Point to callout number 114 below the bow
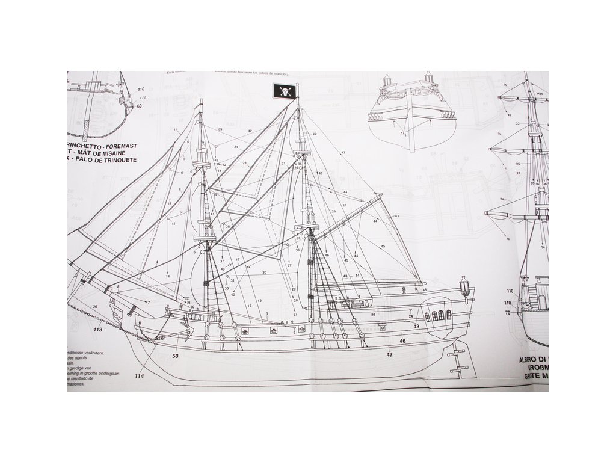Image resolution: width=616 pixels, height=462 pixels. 140,377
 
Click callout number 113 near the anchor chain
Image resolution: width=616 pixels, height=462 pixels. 99,329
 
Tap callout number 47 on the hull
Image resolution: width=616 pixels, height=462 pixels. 390,355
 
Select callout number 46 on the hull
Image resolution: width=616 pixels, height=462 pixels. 402,341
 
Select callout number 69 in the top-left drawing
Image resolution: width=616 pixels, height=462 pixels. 139,106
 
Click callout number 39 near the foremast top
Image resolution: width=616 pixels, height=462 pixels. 220,129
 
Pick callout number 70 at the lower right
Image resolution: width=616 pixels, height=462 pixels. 507,313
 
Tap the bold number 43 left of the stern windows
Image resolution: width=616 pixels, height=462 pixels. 416,326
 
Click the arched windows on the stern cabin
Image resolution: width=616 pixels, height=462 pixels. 437,316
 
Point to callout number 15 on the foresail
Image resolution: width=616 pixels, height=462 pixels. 173,224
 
